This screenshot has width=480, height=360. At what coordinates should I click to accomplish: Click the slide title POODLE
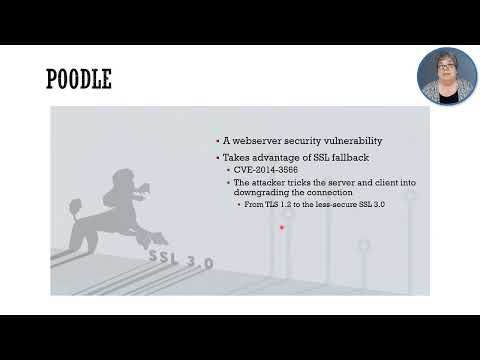79,79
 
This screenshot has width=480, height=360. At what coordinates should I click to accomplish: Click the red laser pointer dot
282,227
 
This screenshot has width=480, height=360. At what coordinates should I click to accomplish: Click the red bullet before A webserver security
217,143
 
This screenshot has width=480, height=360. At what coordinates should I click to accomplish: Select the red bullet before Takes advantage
217,160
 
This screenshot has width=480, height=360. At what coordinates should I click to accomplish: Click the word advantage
276,159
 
